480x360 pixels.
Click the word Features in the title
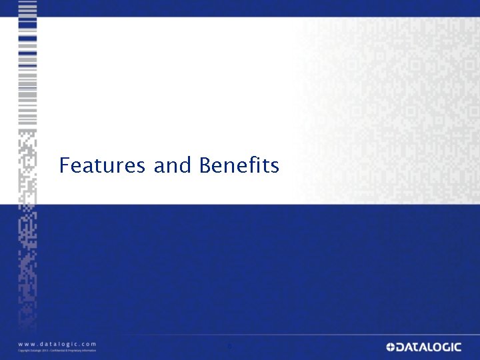click(x=101, y=165)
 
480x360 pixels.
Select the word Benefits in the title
click(x=239, y=165)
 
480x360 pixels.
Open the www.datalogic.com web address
click(x=57, y=343)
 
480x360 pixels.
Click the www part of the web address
click(x=27, y=343)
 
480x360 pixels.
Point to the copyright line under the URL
click(x=57, y=351)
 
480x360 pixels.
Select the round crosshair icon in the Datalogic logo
click(x=390, y=347)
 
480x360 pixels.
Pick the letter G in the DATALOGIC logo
click(x=451, y=347)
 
